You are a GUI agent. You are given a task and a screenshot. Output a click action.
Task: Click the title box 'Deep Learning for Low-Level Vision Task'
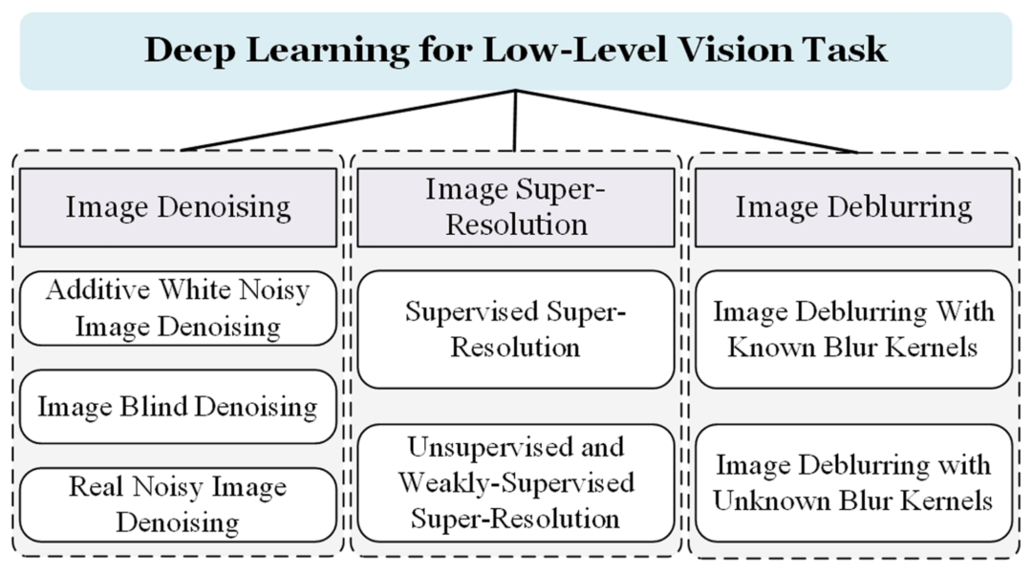tap(516, 51)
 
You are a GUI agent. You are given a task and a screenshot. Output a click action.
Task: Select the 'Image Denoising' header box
tap(178, 207)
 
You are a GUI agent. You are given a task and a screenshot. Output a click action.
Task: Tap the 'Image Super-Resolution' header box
tap(516, 207)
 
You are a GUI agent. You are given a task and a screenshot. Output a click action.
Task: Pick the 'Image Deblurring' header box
tap(853, 207)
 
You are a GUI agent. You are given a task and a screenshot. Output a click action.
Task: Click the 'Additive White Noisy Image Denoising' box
tap(178, 308)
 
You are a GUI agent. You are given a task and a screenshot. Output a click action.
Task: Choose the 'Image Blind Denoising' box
tap(178, 407)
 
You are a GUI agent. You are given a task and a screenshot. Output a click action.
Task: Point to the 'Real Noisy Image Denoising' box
tap(178, 504)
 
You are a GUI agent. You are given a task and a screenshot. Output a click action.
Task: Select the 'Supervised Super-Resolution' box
tap(516, 329)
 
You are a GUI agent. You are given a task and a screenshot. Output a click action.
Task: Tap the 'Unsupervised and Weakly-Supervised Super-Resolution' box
tap(516, 483)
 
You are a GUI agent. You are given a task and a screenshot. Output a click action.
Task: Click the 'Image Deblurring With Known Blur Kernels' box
tap(853, 329)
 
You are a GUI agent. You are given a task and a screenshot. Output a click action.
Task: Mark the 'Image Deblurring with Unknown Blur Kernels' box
tap(853, 483)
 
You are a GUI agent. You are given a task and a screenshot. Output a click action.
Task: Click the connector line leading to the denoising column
tap(349, 120)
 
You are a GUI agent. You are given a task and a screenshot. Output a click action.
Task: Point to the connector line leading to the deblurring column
tap(686, 120)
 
